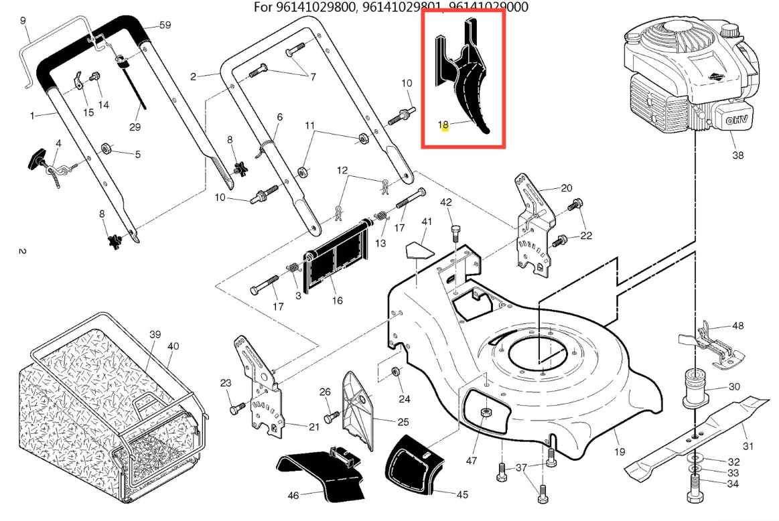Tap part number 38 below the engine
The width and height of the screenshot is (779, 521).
[x=737, y=155]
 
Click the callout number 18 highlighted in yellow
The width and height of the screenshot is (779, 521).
[x=443, y=125]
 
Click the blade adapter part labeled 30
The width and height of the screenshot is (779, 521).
[x=697, y=388]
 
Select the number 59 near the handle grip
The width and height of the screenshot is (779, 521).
[x=165, y=25]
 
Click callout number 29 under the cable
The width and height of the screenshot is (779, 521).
[x=135, y=127]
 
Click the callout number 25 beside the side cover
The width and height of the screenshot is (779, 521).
[x=403, y=421]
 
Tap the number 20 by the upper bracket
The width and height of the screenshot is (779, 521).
[x=566, y=188]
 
